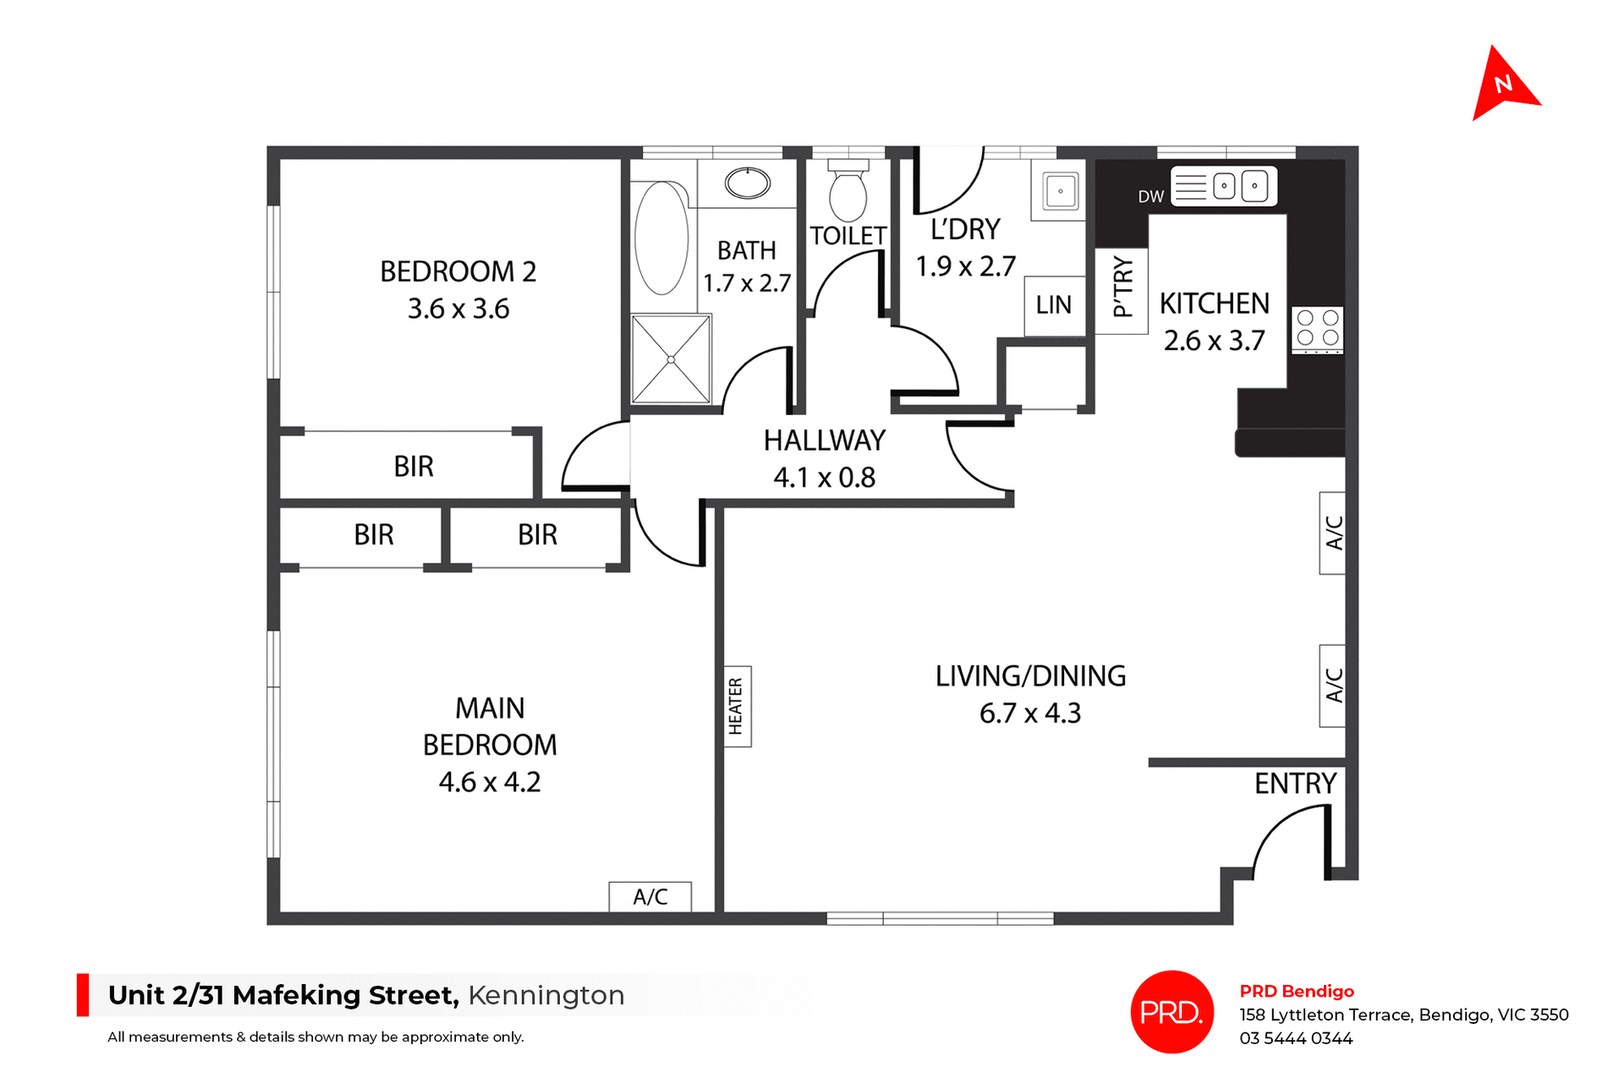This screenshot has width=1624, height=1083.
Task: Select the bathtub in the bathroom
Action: pyautogui.click(x=661, y=238)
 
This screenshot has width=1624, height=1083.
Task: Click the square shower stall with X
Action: pyautogui.click(x=671, y=359)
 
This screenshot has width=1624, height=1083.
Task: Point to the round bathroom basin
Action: pyautogui.click(x=748, y=183)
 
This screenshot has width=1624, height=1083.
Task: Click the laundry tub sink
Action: pyautogui.click(x=1060, y=191)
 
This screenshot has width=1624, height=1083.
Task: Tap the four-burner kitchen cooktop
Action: pyautogui.click(x=1318, y=328)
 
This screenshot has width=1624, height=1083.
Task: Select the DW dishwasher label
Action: pyautogui.click(x=1150, y=197)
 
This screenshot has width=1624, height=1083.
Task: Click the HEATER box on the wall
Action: pyautogui.click(x=736, y=706)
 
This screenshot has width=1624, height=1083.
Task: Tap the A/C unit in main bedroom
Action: pyautogui.click(x=650, y=897)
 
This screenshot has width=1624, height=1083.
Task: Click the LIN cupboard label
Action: pyautogui.click(x=1054, y=305)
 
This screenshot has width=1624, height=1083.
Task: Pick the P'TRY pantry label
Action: pyautogui.click(x=1122, y=287)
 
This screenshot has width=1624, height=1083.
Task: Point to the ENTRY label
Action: pyautogui.click(x=1295, y=784)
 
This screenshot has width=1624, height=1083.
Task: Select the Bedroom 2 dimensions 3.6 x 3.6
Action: pyautogui.click(x=458, y=309)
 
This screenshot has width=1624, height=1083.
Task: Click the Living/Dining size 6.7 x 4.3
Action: pyautogui.click(x=1029, y=714)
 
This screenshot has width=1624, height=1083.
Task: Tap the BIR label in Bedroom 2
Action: pyautogui.click(x=414, y=467)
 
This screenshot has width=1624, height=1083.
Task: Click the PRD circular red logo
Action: pyautogui.click(x=1171, y=1011)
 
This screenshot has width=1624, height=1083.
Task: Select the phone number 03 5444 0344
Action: pyautogui.click(x=1296, y=1038)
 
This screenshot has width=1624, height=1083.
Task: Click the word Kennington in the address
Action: pyautogui.click(x=546, y=995)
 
